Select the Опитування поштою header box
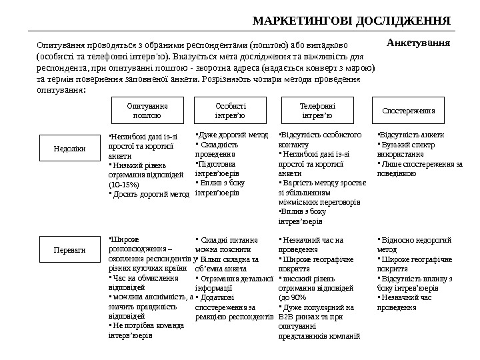point(147,110)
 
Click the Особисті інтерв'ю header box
point(231,110)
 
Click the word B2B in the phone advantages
point(287,317)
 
